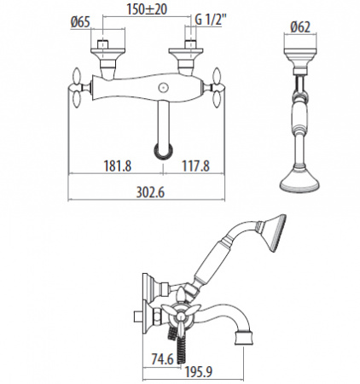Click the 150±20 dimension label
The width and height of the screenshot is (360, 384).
click(x=147, y=9)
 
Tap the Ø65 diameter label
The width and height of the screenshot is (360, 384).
click(x=80, y=22)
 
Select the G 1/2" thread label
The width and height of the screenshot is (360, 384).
click(x=211, y=20)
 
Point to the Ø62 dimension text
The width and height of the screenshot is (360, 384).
click(x=300, y=26)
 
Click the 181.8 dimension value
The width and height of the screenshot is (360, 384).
click(x=118, y=166)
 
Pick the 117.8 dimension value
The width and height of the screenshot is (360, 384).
click(x=195, y=166)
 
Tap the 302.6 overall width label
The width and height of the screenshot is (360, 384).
click(x=150, y=192)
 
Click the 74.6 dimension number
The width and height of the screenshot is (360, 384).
click(x=162, y=359)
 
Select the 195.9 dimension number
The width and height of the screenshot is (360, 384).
click(x=199, y=371)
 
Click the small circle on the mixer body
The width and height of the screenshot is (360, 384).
click(x=163, y=87)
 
